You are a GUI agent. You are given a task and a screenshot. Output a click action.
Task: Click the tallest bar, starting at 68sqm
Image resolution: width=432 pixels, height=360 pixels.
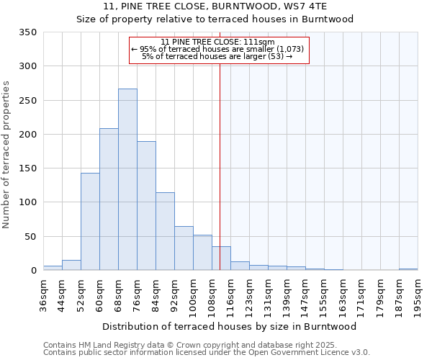click(127, 179)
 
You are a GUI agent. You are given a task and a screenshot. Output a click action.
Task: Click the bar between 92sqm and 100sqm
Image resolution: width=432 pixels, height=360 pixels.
click(184, 248)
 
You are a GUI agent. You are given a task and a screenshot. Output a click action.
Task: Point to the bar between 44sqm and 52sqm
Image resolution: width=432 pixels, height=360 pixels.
click(71, 265)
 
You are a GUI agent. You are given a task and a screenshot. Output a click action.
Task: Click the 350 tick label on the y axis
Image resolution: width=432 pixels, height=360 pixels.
click(28, 32)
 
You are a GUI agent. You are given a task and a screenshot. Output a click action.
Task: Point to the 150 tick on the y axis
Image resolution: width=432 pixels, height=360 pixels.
click(28, 168)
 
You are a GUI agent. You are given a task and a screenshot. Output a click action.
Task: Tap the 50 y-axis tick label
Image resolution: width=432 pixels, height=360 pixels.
click(31, 236)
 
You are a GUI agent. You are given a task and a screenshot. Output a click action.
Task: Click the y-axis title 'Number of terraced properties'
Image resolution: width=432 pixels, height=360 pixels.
click(7, 155)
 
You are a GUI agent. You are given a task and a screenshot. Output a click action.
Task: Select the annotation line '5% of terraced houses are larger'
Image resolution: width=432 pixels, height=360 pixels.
click(218, 56)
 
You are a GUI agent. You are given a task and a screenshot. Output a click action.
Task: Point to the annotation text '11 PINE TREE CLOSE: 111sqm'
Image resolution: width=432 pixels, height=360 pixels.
click(218, 42)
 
